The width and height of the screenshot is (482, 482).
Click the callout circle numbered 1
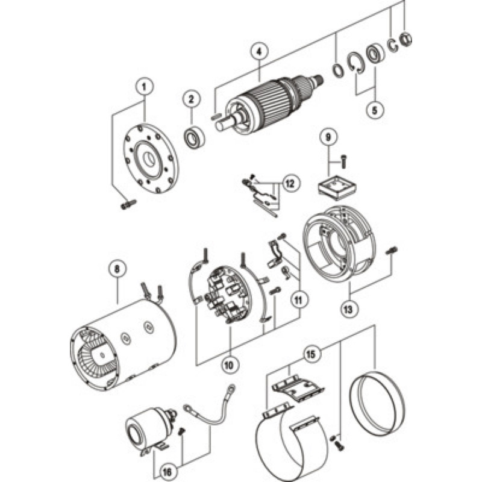[x=144, y=87]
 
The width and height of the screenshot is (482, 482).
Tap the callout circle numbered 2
[x=191, y=99]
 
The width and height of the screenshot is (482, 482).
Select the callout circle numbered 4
[x=260, y=51]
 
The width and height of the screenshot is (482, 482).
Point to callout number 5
[x=375, y=110]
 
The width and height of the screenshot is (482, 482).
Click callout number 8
[x=117, y=269]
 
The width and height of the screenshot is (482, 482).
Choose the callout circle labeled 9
[x=328, y=137]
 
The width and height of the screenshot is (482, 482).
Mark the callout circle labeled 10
[x=230, y=365]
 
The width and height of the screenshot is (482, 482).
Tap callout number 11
[x=298, y=299]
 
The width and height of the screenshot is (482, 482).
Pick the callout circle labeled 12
[x=290, y=183]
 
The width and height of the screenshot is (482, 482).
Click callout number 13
[x=348, y=309]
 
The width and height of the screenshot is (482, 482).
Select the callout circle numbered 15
[x=311, y=354]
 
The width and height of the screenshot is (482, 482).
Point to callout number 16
[x=167, y=471]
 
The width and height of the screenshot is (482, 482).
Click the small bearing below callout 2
[x=194, y=138]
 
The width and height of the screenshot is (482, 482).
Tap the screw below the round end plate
[x=128, y=205]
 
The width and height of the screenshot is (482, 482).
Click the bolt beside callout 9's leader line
[x=343, y=161]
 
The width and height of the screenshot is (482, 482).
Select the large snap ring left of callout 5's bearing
[x=356, y=63]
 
